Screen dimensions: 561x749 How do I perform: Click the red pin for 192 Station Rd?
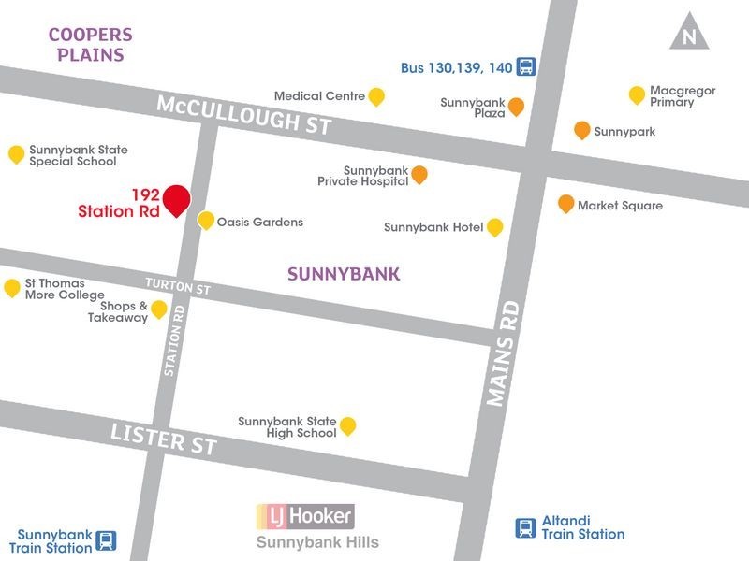[x=176, y=200]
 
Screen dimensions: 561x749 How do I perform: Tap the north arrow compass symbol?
[x=690, y=32]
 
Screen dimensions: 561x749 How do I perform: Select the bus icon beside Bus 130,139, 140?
[x=526, y=66]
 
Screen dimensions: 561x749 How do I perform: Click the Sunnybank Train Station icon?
[x=108, y=540]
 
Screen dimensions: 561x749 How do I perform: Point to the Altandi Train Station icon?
[x=526, y=528]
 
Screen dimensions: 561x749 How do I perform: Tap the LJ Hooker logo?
[x=305, y=515]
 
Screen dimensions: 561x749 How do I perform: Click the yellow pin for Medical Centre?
[x=376, y=96]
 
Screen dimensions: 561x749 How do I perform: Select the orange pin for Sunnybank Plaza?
[x=516, y=107]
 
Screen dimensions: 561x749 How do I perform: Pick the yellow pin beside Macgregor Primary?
[x=637, y=95]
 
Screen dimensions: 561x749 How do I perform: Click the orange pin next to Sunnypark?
[x=581, y=131]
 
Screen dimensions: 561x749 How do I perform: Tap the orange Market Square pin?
[x=565, y=204]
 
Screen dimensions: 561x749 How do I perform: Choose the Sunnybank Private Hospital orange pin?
[x=419, y=175]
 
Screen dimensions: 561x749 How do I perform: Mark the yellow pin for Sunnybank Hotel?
[x=494, y=227]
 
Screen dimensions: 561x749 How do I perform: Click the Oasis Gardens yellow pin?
[x=206, y=221]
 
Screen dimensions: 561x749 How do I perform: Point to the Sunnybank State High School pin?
[x=347, y=426]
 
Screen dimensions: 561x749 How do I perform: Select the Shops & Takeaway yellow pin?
[x=159, y=309]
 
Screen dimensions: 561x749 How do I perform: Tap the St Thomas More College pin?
[x=12, y=288]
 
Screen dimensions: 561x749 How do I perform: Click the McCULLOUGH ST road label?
[x=243, y=114]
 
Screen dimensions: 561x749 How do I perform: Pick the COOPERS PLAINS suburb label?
[x=90, y=44]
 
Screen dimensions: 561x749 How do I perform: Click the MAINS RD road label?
[x=503, y=353]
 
